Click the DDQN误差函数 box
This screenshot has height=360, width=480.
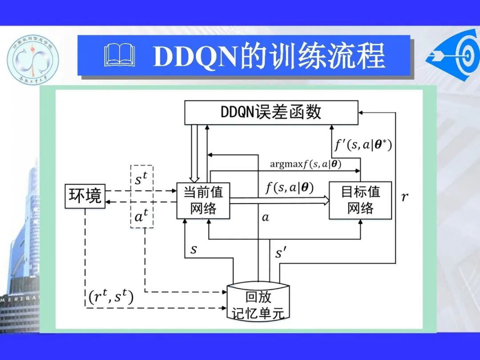coord(271,112)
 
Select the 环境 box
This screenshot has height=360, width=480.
coord(85,196)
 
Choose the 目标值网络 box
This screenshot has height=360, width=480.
coord(360,200)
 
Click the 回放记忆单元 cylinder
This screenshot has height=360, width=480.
coord(258,302)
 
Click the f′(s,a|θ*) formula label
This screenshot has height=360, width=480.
coord(363,145)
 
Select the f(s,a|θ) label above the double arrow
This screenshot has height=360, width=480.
coord(289,188)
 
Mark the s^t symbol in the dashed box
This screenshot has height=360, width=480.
coord(141,180)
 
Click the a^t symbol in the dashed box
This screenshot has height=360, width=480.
coord(141,216)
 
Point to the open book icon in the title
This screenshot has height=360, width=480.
coord(119,57)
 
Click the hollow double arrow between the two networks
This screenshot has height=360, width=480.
coord(279,201)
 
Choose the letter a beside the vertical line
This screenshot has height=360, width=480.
coord(265,218)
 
